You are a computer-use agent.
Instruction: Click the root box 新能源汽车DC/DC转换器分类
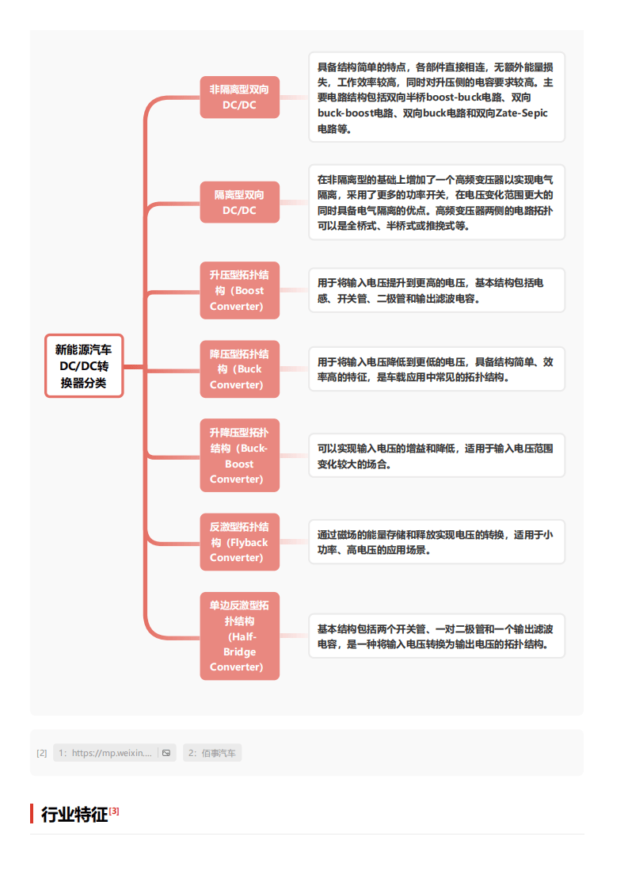pyautogui.click(x=84, y=366)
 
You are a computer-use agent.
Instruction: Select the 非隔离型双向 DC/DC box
pyautogui.click(x=239, y=97)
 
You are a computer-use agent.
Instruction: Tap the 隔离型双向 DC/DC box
pyautogui.click(x=239, y=203)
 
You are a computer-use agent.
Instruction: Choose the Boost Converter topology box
pyautogui.click(x=239, y=290)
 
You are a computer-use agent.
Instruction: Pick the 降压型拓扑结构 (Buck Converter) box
pyautogui.click(x=239, y=369)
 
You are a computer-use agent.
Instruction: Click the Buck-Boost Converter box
pyautogui.click(x=239, y=455)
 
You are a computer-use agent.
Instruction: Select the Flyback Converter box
pyautogui.click(x=239, y=542)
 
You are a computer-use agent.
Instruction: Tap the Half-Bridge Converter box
pyautogui.click(x=239, y=636)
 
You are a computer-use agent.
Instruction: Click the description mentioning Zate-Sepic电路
pyautogui.click(x=437, y=97)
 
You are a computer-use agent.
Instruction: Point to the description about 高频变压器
pyautogui.click(x=437, y=203)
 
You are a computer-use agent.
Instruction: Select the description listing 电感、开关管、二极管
pyautogui.click(x=437, y=290)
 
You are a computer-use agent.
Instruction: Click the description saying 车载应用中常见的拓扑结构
pyautogui.click(x=437, y=369)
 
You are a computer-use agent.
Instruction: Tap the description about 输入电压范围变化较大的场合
pyautogui.click(x=437, y=456)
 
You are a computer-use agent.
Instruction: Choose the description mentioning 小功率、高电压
pyautogui.click(x=437, y=542)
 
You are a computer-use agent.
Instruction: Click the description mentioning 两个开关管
pyautogui.click(x=437, y=636)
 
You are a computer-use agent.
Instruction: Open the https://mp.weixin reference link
pyautogui.click(x=105, y=753)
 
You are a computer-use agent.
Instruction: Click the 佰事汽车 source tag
pyautogui.click(x=212, y=753)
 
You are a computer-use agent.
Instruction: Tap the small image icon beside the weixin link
pyautogui.click(x=166, y=753)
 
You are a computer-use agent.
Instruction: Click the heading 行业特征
pyautogui.click(x=74, y=815)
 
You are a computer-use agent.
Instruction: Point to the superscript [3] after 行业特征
pyautogui.click(x=114, y=811)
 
